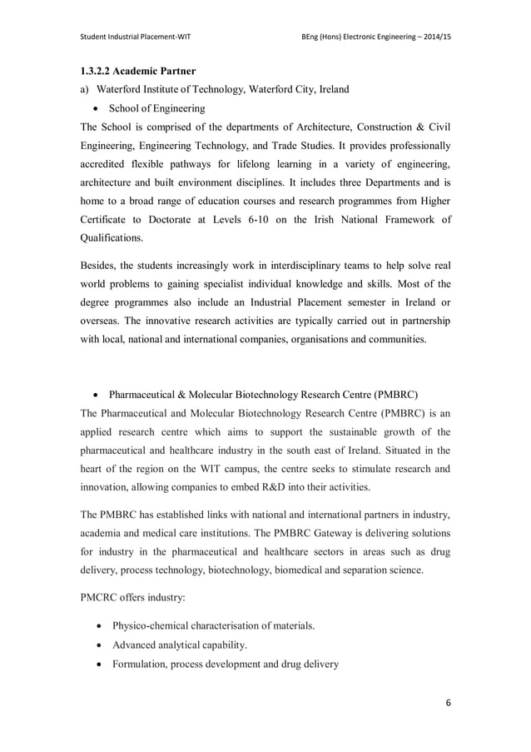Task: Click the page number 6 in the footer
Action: click(x=448, y=703)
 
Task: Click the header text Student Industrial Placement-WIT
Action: click(x=135, y=37)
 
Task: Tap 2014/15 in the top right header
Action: click(x=433, y=37)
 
